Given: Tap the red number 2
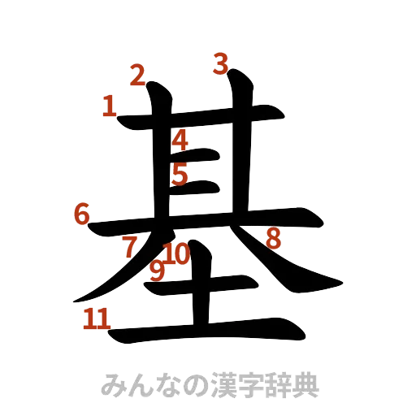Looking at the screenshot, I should pos(138,76).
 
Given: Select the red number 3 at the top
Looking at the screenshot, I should pos(219,63).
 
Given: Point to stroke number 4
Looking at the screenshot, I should pos(180,140).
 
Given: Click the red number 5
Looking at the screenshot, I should pos(180,173).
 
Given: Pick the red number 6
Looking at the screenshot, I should pos(81,215).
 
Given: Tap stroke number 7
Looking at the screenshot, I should pos(130,247).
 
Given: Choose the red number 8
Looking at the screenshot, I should pos(273,238).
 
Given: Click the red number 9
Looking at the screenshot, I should pos(158,269).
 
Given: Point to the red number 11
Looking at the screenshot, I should pos(96,318).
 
